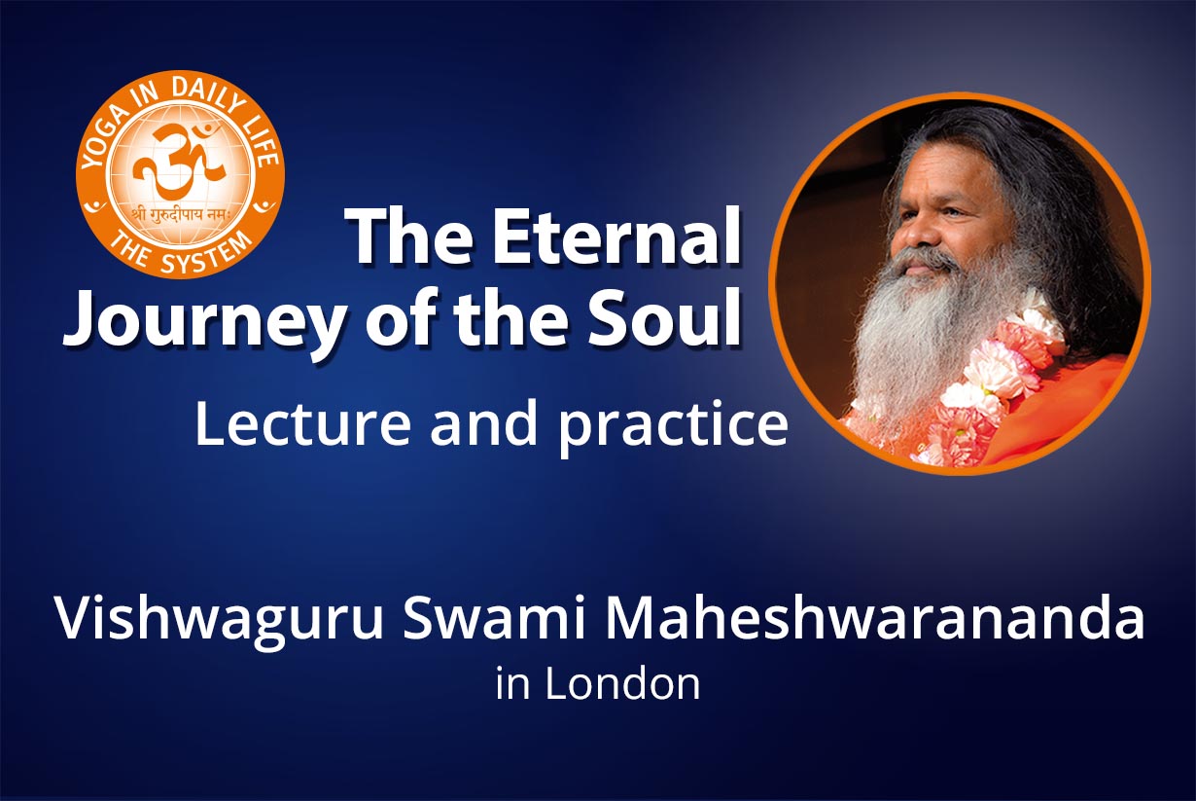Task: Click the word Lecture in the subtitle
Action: (x=302, y=424)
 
